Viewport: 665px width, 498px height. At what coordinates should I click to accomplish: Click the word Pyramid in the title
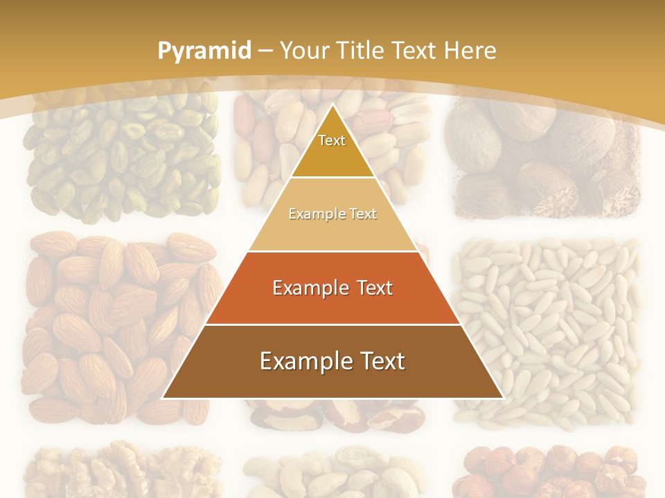pos(204,50)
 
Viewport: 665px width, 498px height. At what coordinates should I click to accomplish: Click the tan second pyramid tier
pos(332,214)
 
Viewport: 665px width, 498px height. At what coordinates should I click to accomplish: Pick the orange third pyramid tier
pos(332,288)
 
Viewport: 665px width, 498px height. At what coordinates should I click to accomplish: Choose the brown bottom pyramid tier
pos(332,361)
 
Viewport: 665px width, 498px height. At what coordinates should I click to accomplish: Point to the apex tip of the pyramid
pos(332,105)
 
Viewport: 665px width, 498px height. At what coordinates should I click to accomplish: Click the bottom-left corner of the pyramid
pos(163,398)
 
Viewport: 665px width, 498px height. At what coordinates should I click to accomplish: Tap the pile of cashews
pos(332,474)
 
